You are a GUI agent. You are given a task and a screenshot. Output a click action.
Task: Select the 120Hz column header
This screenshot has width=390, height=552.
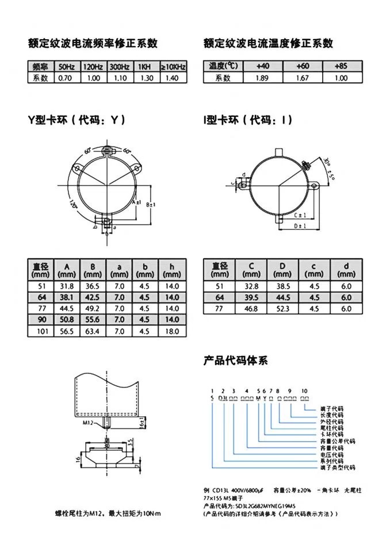click(x=92, y=67)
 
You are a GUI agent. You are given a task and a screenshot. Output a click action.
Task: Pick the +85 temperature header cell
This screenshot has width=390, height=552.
click(x=341, y=66)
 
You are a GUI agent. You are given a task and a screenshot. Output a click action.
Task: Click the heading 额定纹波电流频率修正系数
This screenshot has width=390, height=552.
click(x=93, y=44)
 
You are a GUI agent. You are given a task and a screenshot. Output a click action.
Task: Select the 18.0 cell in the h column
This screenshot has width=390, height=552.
click(x=173, y=331)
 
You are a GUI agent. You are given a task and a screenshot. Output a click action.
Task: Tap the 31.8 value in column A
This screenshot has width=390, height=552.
click(x=67, y=286)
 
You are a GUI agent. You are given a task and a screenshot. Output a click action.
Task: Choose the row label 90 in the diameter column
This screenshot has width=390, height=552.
click(x=41, y=320)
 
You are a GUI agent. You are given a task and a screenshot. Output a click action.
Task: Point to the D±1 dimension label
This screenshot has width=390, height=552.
click(x=300, y=227)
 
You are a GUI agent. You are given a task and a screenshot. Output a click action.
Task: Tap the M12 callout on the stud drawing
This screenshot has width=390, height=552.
click(x=88, y=422)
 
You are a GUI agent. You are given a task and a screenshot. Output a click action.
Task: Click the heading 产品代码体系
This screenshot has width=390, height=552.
click(x=235, y=361)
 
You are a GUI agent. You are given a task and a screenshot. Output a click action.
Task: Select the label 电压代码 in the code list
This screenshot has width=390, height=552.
click(x=332, y=454)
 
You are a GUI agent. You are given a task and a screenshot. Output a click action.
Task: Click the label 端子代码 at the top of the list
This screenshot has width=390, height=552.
click(x=332, y=408)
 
